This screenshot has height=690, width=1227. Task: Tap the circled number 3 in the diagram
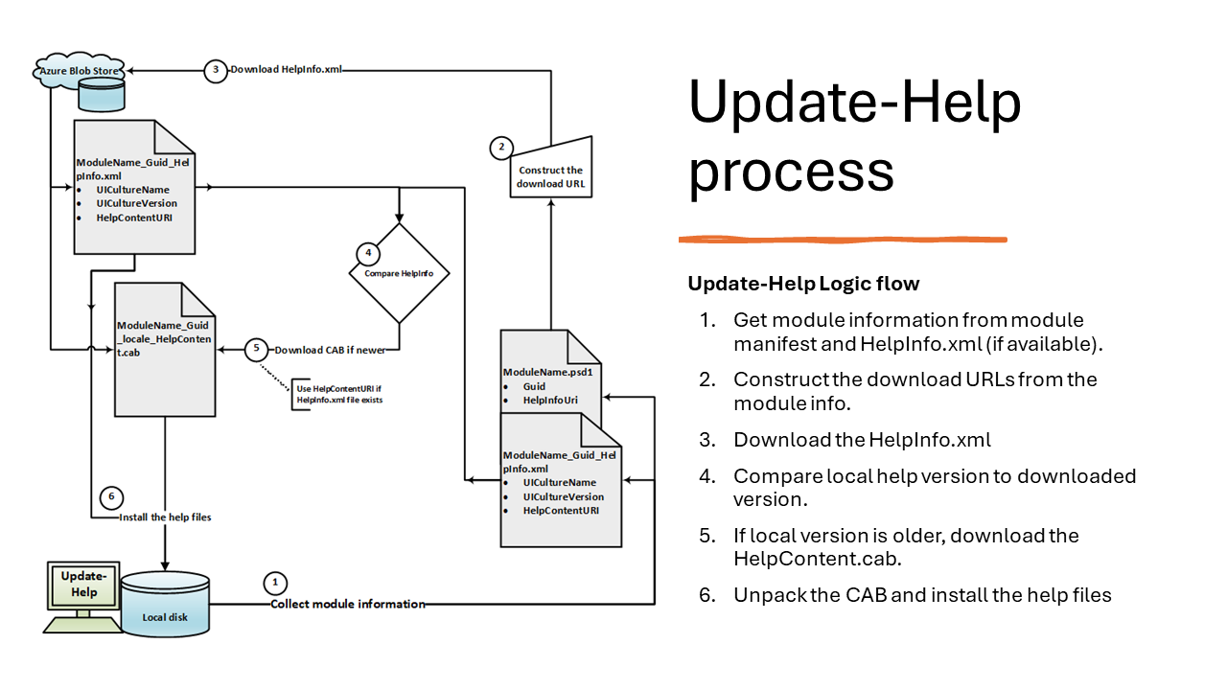point(216,70)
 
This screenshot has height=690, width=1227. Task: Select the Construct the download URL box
point(549,175)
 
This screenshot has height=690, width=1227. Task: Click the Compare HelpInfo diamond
point(399,272)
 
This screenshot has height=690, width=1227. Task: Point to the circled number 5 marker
point(256,350)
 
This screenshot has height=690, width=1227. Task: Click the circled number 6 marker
point(111,496)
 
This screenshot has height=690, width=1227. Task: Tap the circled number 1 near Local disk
point(275,582)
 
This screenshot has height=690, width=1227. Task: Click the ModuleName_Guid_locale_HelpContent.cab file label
point(163,338)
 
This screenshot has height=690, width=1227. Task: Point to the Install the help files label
point(165,517)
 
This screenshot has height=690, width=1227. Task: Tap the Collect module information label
point(347,604)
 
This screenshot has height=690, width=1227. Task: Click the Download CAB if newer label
point(330,350)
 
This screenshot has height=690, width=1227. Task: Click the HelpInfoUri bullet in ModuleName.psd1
point(550,400)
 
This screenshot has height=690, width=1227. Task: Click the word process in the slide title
point(791,172)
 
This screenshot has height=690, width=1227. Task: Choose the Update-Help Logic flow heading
point(803,284)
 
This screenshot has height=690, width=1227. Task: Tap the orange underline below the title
point(843,239)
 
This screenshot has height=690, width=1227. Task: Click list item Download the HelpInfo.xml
point(862,440)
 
